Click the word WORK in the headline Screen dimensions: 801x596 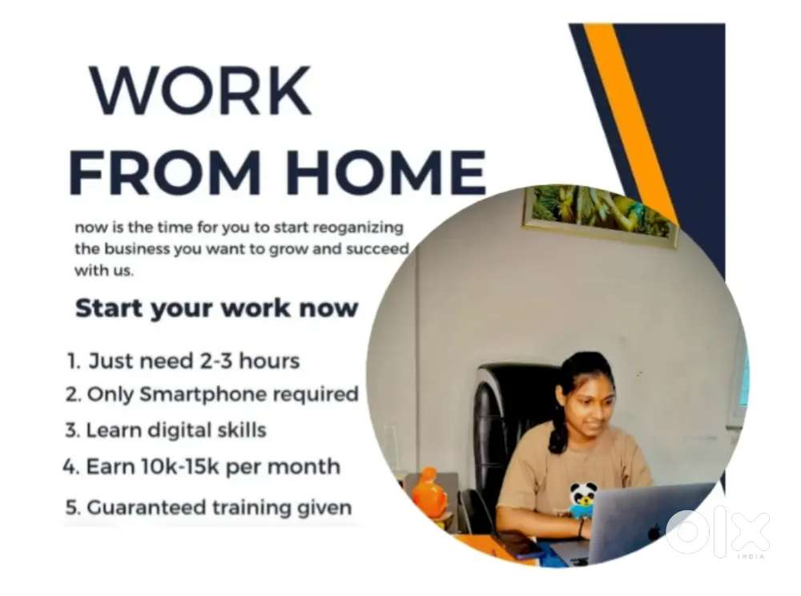201,91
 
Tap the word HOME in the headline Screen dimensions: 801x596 386,171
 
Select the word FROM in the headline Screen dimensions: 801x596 166,171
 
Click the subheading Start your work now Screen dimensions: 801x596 216,308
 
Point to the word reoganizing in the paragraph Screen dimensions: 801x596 358,228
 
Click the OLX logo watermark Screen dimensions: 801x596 717,533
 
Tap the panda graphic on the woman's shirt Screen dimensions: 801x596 582,500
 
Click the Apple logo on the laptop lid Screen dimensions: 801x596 654,534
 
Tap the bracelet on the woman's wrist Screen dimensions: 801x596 582,528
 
